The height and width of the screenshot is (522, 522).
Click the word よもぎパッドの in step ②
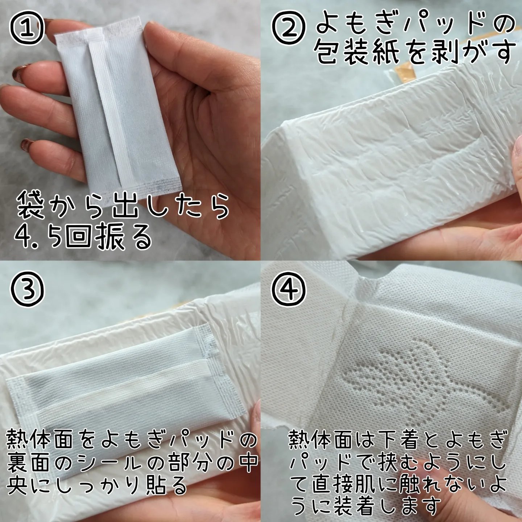(415, 25)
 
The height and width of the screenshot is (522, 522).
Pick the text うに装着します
(366, 506)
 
